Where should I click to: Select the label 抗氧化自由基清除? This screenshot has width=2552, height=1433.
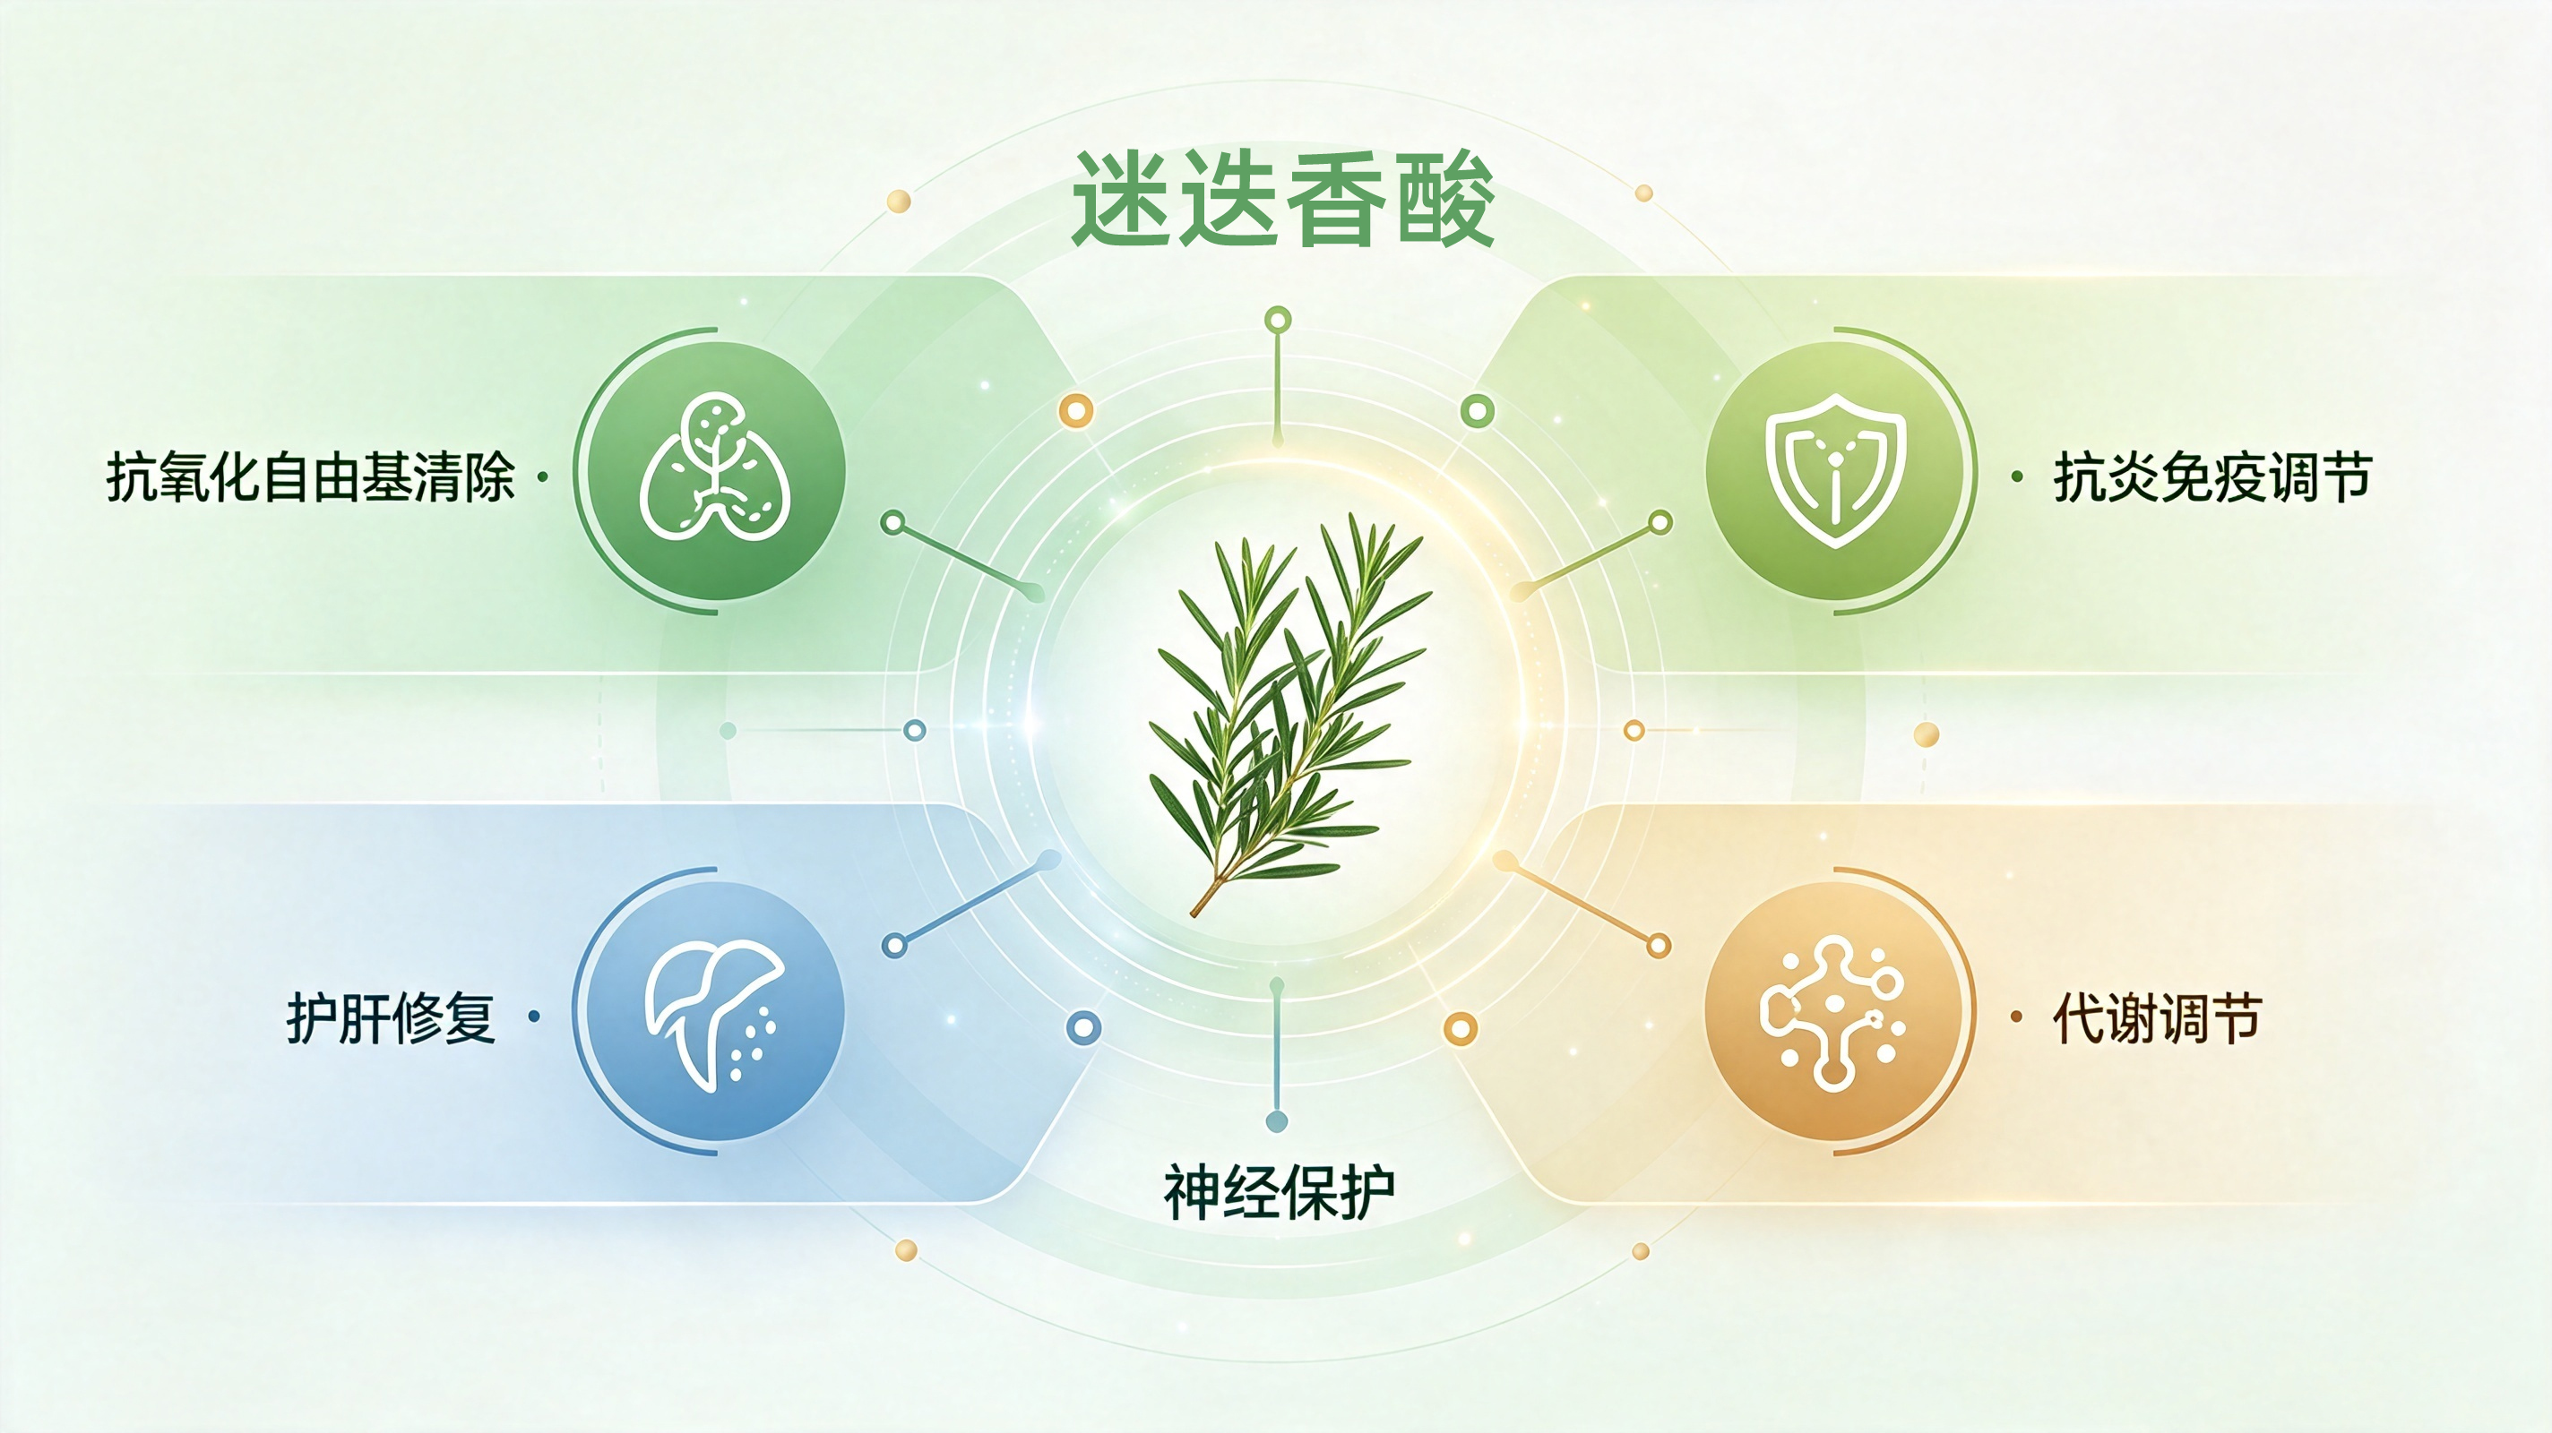pyautogui.click(x=310, y=477)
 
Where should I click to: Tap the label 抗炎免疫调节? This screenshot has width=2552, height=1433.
pyautogui.click(x=2212, y=477)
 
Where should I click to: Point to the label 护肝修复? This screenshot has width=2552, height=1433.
pyautogui.click(x=391, y=1017)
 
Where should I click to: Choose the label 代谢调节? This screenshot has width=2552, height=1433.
pyautogui.click(x=2158, y=1017)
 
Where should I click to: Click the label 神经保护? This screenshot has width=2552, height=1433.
pyautogui.click(x=1279, y=1192)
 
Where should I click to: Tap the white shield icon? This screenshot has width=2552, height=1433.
pyautogui.click(x=1836, y=469)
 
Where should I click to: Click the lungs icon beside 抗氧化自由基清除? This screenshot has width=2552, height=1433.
pyautogui.click(x=715, y=467)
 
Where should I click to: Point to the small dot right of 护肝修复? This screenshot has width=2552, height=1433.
pyautogui.click(x=535, y=1016)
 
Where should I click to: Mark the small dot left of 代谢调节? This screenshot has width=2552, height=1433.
pyautogui.click(x=2016, y=1016)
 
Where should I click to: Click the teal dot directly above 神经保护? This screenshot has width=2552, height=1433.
pyautogui.click(x=1277, y=1121)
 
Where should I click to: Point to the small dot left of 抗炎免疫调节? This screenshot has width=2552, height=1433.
pyautogui.click(x=2017, y=477)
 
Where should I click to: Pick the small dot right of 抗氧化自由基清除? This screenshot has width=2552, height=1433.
pyautogui.click(x=542, y=477)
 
